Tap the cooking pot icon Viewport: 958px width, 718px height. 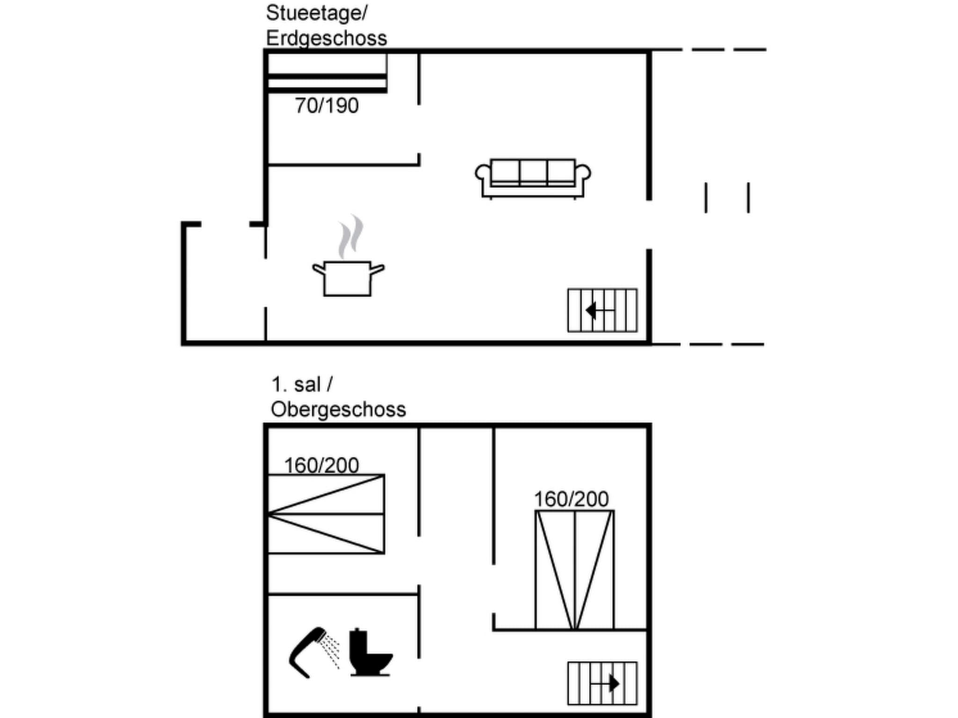348,279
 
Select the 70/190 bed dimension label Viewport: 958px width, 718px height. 327,106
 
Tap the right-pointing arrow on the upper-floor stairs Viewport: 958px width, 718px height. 614,683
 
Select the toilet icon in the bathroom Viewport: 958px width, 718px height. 369,653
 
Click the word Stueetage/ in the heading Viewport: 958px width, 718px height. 317,13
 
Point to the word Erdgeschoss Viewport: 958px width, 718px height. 326,38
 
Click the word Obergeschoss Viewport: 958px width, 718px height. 338,409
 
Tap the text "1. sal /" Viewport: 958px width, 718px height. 302,385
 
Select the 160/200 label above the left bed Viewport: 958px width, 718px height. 321,465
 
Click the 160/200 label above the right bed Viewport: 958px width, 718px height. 571,499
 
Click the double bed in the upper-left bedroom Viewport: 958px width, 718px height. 326,514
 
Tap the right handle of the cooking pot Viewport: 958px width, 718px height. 377,269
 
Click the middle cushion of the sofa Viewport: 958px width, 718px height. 533,172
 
